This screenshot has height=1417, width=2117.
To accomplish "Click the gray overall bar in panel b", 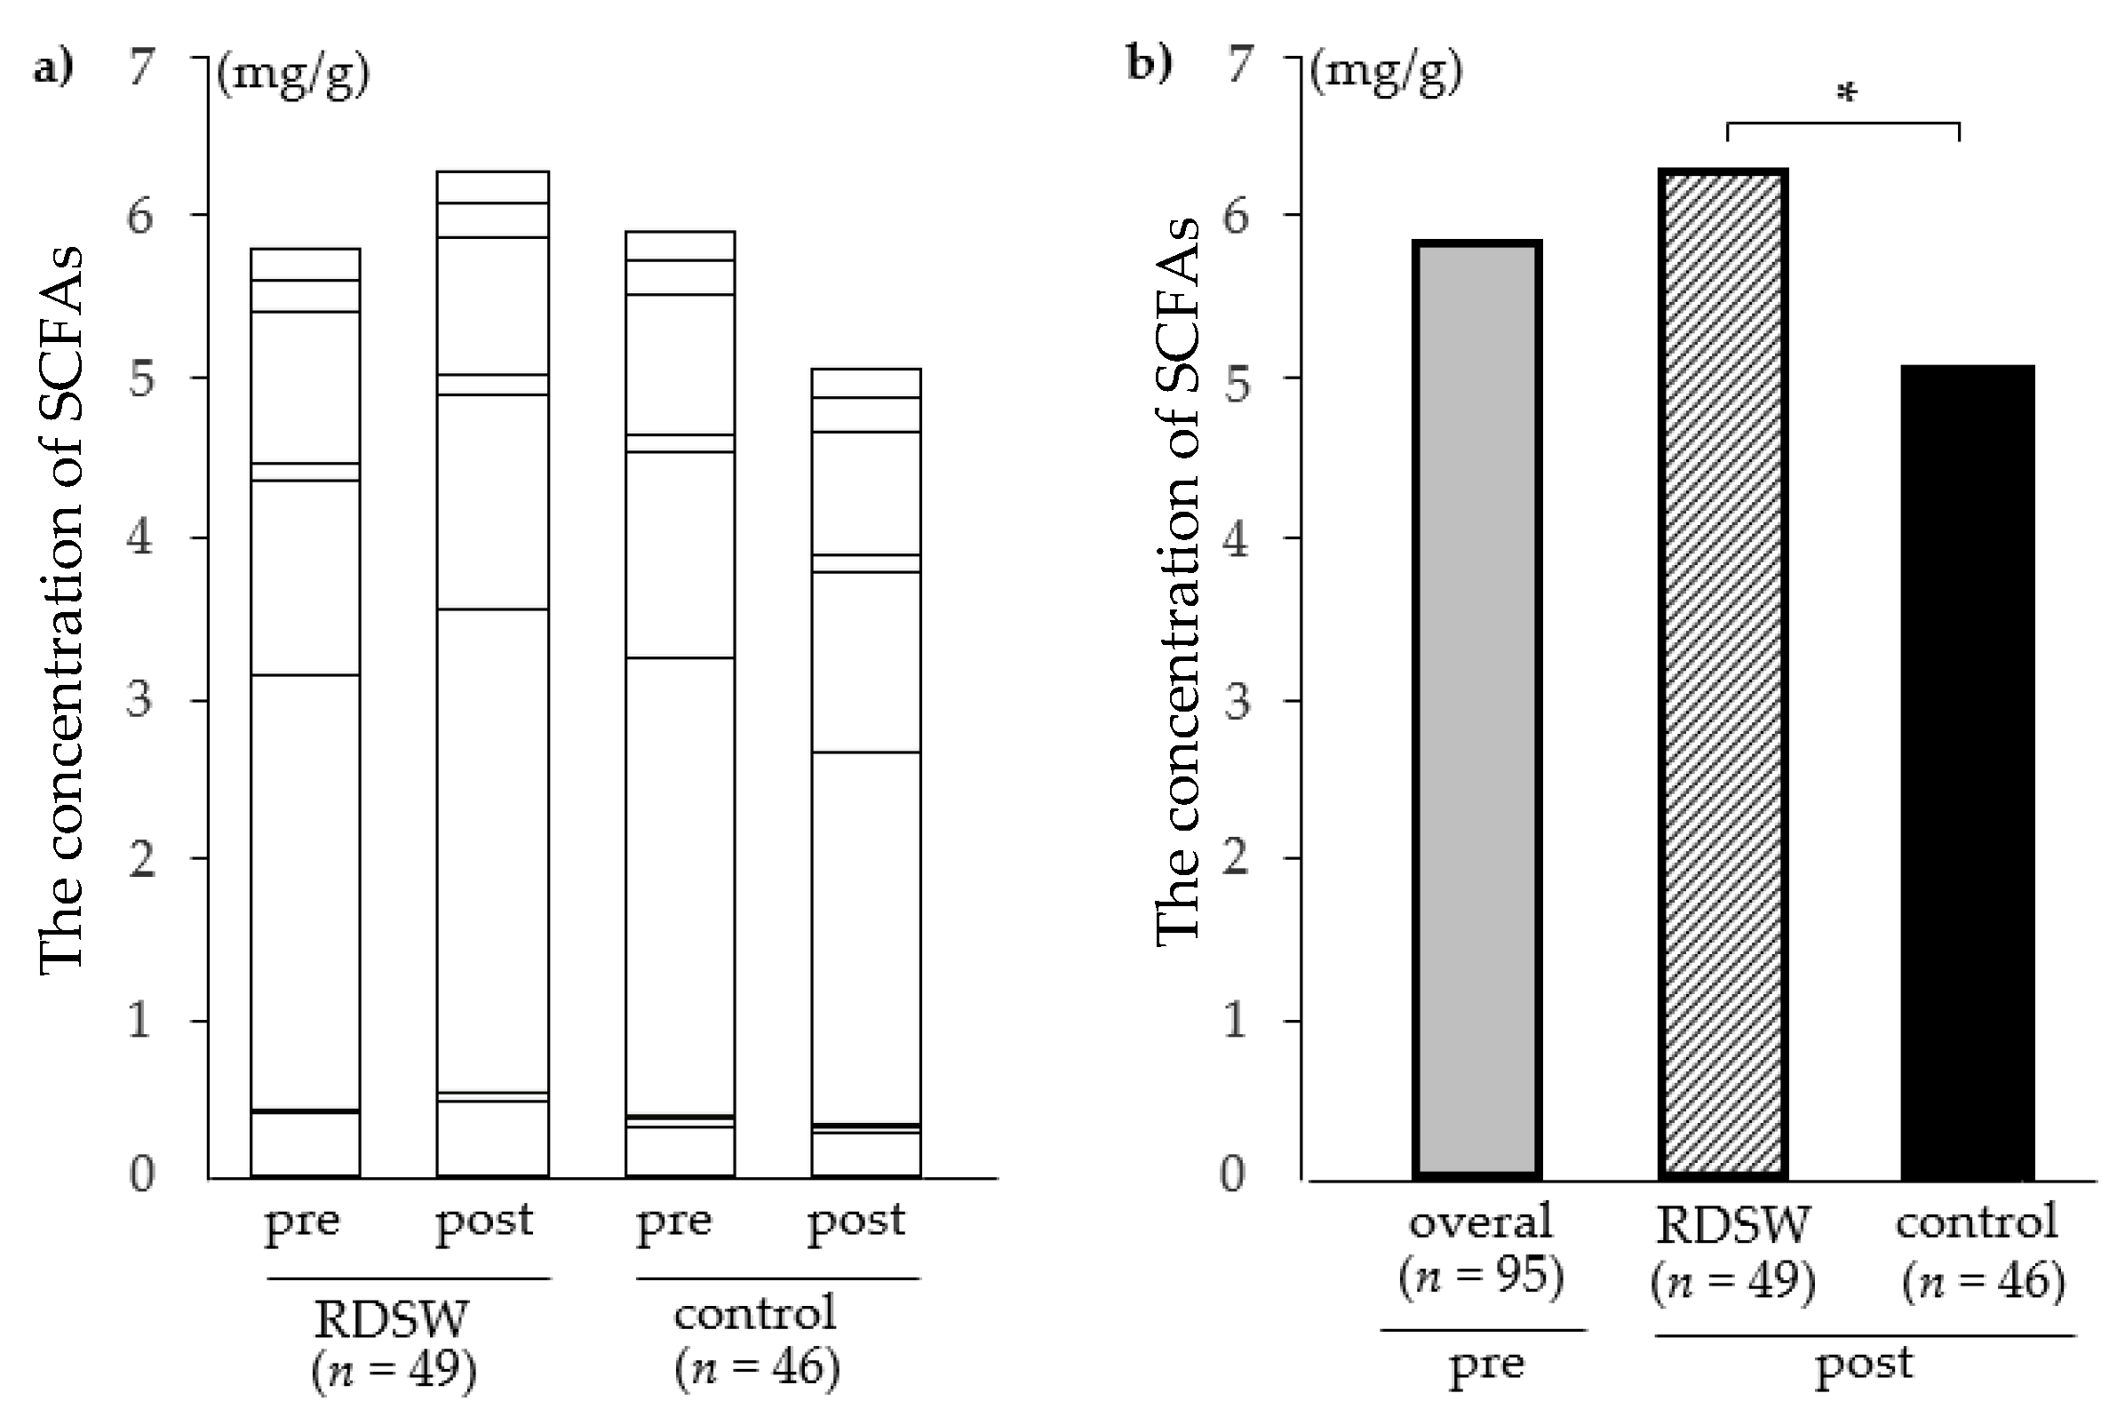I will [1476, 710].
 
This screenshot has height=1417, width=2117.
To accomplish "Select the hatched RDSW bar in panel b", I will [1723, 673].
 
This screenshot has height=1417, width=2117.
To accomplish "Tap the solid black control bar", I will [1967, 773].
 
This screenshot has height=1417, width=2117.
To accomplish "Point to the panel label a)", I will [53, 68].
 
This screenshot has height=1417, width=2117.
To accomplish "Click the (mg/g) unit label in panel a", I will [294, 74].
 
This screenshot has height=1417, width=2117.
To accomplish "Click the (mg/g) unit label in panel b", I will [1387, 71].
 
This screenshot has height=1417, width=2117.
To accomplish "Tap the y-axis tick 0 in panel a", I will [142, 1174].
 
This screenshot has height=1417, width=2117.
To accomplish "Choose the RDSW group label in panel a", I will [391, 1318].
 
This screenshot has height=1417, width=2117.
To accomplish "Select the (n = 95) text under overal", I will [1481, 1277].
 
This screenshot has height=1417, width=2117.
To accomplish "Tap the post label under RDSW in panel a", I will [484, 1222].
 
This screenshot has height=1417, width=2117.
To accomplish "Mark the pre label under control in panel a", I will [674, 1222].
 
